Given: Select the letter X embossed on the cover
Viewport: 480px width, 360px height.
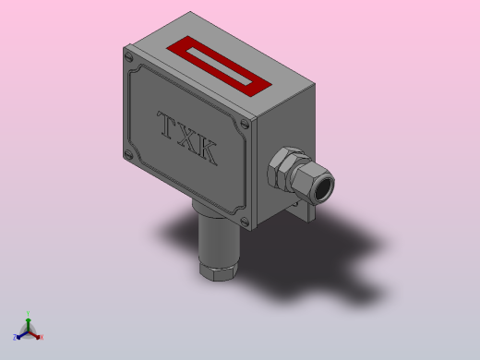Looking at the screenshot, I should tap(187, 138).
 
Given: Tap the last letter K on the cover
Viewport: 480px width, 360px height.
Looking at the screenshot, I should tap(208, 152).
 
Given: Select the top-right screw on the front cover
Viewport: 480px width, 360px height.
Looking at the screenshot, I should tap(244, 125).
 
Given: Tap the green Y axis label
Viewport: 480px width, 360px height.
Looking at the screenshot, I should tap(29, 313).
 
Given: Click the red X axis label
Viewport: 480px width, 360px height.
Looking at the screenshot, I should tap(42, 337).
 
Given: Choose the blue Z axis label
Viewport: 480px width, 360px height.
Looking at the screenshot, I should tap(16, 337).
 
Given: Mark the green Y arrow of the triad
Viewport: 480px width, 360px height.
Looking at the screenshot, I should tap(29, 322).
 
